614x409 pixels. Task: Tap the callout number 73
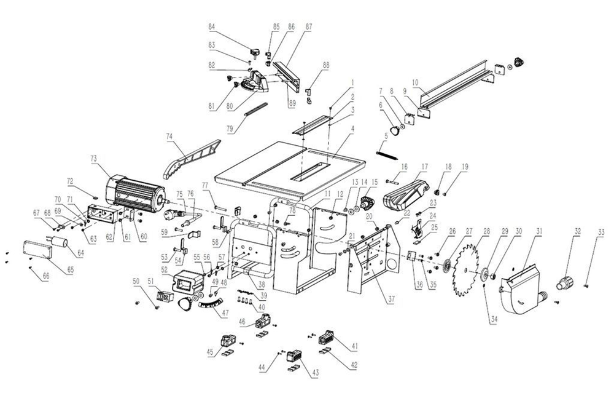click(93, 159)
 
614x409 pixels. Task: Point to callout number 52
click(165, 269)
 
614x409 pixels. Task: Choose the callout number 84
click(212, 27)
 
